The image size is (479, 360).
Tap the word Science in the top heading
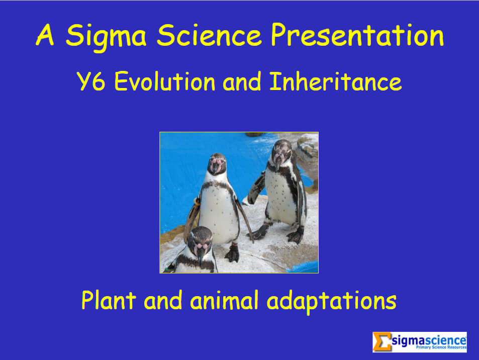[209, 35]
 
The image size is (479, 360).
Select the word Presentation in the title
[357, 35]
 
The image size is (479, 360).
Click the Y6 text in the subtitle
[91, 81]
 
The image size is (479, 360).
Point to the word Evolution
[165, 81]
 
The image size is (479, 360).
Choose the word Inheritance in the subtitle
[335, 81]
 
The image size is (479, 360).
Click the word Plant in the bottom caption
[109, 300]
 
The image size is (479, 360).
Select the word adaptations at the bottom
[332, 301]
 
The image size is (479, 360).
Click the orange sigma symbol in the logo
[382, 342]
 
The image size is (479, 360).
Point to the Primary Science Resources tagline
[441, 347]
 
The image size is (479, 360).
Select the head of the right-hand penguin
[281, 152]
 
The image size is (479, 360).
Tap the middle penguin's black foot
[233, 253]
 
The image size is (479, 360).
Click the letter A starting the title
[45, 35]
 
